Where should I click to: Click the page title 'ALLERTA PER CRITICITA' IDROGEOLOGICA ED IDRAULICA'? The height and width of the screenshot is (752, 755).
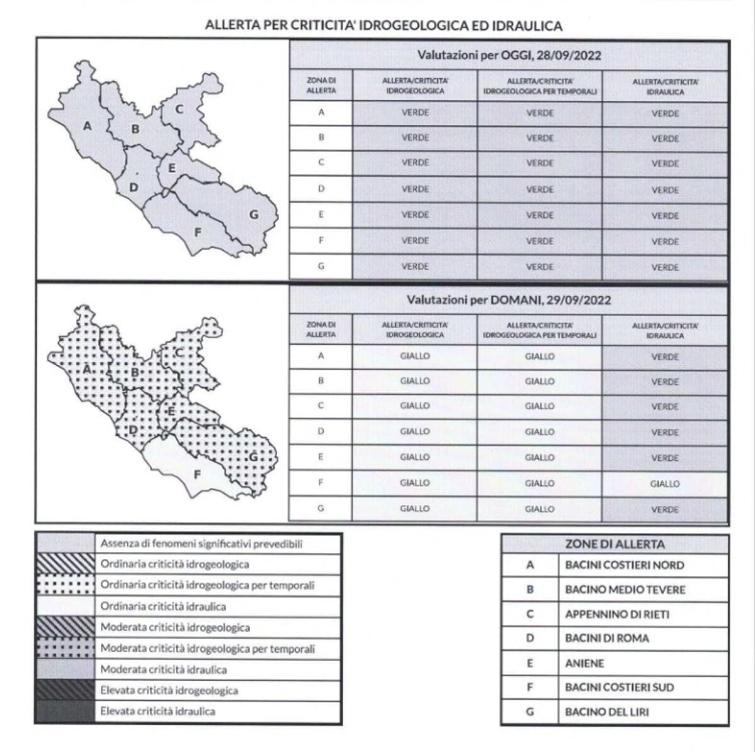click(x=383, y=26)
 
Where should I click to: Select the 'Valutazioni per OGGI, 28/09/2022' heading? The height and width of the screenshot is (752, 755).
click(x=509, y=55)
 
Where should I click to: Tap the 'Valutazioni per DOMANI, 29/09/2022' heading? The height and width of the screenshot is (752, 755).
click(x=509, y=300)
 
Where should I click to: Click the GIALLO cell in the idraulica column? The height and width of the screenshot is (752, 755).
click(x=665, y=484)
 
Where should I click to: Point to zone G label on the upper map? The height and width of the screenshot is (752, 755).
click(x=254, y=215)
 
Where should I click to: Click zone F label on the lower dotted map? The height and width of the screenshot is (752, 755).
click(x=197, y=474)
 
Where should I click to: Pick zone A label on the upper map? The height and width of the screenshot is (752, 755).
click(x=87, y=126)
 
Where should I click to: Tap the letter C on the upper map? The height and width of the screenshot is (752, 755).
click(x=179, y=109)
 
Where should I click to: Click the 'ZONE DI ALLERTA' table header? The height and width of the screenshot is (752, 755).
click(x=615, y=545)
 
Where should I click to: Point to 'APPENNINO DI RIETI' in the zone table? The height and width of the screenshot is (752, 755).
click(x=608, y=614)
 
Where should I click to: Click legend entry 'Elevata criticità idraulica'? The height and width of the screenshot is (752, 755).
click(x=158, y=711)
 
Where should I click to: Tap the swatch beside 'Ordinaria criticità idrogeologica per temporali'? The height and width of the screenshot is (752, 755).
click(x=65, y=585)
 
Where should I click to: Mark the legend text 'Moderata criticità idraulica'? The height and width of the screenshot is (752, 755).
click(x=164, y=669)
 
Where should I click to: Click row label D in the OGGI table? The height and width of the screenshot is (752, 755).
click(x=321, y=189)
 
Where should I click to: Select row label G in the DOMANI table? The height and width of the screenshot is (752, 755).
click(x=321, y=508)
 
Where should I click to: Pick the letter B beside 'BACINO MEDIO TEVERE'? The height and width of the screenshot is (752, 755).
click(x=530, y=590)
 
